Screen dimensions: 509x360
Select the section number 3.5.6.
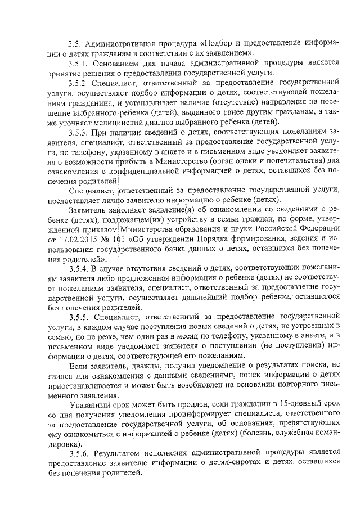tap(77, 452)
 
